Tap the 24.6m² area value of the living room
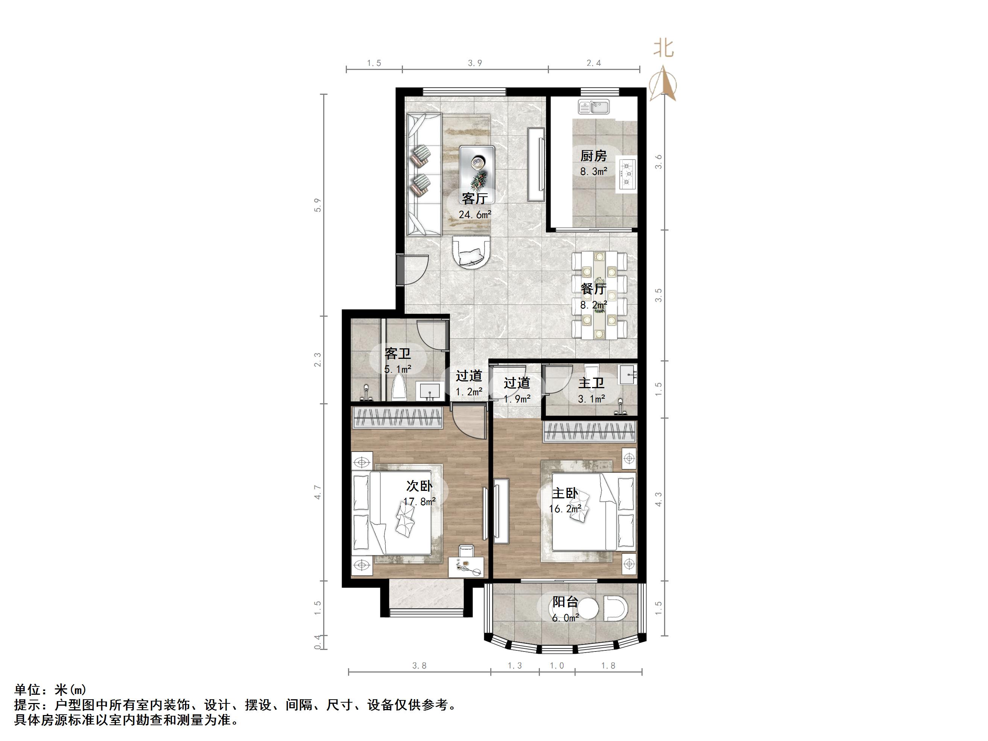pos(475,215)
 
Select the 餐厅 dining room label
pos(593,289)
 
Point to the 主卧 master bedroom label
pos(565,493)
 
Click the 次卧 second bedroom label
pos(419,486)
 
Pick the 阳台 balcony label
pos(565,602)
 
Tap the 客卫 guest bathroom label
pos(398,354)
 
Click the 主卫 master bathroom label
pos(591,383)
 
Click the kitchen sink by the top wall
pos(593,107)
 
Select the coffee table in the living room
pos(477,168)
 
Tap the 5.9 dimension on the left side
pos(318,205)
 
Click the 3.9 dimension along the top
pos(475,63)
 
